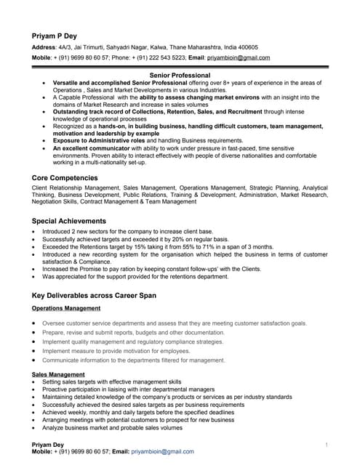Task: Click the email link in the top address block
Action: (239, 57)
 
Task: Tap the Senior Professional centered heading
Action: (180, 75)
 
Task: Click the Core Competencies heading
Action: (65, 177)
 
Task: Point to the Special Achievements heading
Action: (68, 220)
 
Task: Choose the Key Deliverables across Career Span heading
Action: (100, 296)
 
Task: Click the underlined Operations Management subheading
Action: (66, 308)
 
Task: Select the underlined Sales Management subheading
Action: (58, 374)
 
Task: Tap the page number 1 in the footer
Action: (327, 444)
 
